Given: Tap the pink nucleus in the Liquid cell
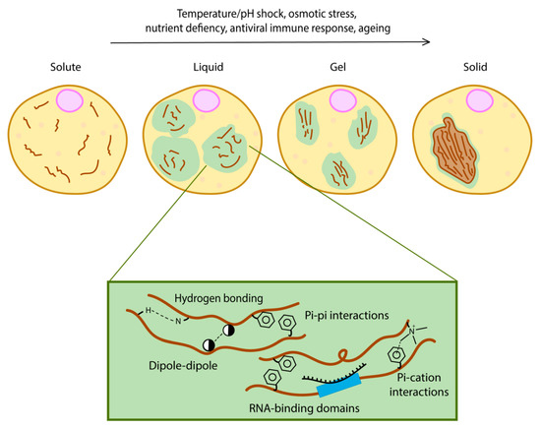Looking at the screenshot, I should click(207, 100).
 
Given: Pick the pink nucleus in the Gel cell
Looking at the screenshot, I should click(343, 100).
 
